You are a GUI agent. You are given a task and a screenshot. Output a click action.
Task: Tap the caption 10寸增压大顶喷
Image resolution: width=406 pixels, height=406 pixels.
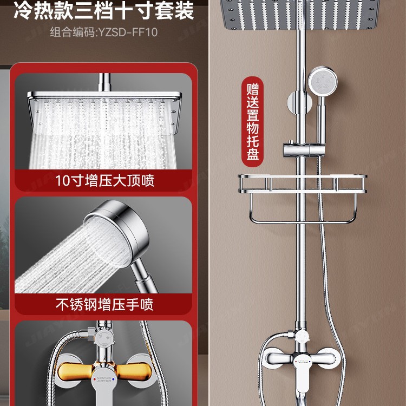[104, 180]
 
